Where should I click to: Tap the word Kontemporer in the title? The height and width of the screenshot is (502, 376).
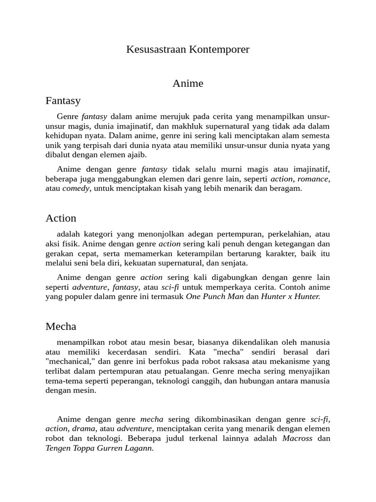click(220, 50)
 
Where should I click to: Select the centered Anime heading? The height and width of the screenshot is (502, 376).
click(188, 83)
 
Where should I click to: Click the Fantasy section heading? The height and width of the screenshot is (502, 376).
click(63, 101)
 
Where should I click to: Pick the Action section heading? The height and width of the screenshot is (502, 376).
click(61, 218)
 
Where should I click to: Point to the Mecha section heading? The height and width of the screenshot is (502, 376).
click(61, 326)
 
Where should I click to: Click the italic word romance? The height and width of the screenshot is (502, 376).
click(314, 179)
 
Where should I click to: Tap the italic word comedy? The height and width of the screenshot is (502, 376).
click(76, 189)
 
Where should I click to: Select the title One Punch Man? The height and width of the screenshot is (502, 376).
click(215, 297)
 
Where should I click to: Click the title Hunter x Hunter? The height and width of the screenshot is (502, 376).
click(290, 297)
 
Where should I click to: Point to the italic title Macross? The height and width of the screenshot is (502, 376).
click(297, 438)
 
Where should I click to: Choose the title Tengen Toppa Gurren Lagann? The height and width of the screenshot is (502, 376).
click(100, 448)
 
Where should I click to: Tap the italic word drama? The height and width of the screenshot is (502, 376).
click(84, 429)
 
